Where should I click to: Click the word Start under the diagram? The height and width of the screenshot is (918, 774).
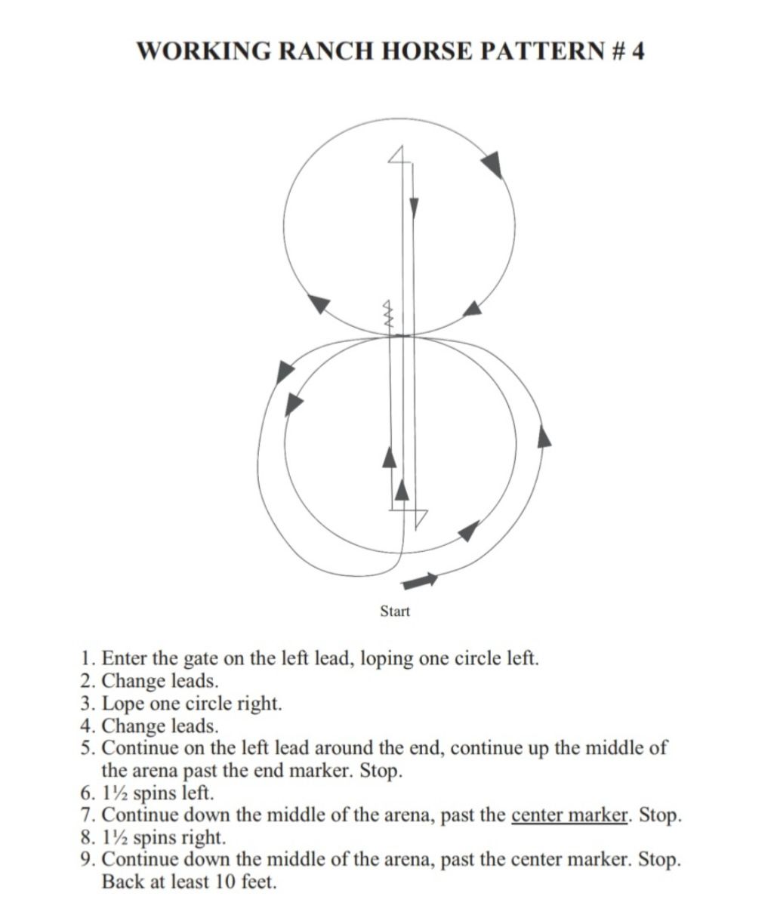click(x=394, y=611)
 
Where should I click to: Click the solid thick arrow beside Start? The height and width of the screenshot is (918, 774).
click(x=421, y=581)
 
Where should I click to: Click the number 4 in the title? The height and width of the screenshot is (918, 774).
click(x=638, y=51)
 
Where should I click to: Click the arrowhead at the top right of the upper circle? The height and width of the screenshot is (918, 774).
click(x=492, y=164)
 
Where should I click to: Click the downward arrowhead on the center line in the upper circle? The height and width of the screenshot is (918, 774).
click(x=414, y=208)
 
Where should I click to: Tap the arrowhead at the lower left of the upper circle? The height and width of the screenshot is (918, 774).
click(x=321, y=303)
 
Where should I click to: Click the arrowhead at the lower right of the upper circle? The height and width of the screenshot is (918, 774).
click(x=472, y=307)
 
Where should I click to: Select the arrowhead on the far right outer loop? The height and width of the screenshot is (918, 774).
click(x=544, y=436)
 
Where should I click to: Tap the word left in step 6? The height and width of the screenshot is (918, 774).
click(x=199, y=793)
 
